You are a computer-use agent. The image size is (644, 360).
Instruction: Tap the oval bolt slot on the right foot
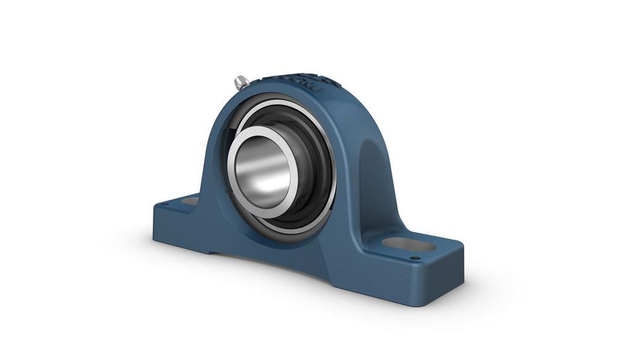(408, 244)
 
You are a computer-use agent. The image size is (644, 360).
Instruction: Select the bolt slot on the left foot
(190, 201)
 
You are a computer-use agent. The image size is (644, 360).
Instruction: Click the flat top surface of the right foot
(436, 253)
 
